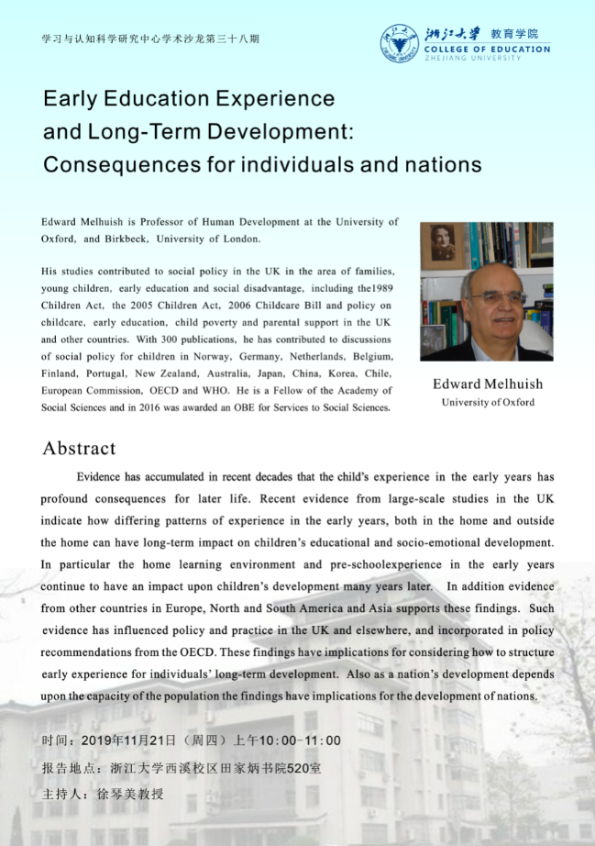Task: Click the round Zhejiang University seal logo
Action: click(399, 42)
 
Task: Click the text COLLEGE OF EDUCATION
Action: click(488, 50)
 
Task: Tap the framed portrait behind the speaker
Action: click(444, 245)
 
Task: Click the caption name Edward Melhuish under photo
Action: click(487, 384)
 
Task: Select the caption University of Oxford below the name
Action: click(487, 402)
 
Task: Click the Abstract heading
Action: click(79, 449)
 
